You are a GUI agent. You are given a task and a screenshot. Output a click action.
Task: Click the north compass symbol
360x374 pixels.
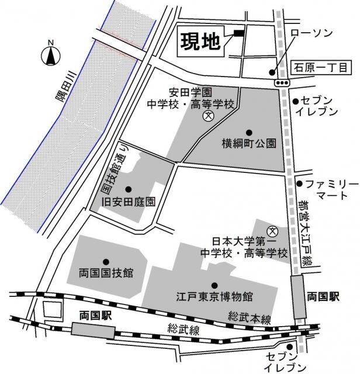tap(50, 55)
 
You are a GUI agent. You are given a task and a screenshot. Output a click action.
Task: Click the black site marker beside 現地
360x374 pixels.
tap(239, 33)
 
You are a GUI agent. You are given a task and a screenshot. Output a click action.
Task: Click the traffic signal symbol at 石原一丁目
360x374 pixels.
tap(283, 83)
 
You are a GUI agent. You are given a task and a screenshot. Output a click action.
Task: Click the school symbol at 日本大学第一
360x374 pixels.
tap(271, 231)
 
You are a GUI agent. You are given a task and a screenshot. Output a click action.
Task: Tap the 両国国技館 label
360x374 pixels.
tap(106, 272)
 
